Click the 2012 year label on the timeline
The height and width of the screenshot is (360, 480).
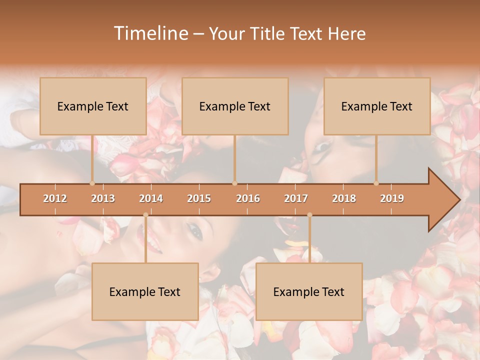tap(55, 198)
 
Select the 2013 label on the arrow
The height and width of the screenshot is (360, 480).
tap(103, 198)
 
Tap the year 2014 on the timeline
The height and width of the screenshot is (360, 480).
tap(151, 198)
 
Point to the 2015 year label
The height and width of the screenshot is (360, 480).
tap(199, 198)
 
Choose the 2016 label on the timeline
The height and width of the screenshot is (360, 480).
tap(248, 198)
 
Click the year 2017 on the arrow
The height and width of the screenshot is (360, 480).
tap(296, 198)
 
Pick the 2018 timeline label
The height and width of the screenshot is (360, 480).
tap(344, 198)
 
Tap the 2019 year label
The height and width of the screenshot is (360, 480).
tap(392, 198)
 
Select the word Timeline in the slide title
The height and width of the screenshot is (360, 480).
tap(150, 33)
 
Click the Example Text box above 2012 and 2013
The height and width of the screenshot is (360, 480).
tap(93, 106)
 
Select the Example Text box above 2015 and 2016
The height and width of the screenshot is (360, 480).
tap(235, 106)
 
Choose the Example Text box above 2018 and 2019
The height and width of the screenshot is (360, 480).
tap(377, 106)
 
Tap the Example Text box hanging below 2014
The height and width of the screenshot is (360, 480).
tap(145, 291)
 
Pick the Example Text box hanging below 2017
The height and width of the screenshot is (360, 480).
tap(309, 291)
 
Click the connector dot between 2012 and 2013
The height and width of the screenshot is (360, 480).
tap(92, 183)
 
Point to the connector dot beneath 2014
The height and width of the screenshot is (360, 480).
tap(145, 215)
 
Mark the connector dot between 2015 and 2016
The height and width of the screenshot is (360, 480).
tap(234, 183)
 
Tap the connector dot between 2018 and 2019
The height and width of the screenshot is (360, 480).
tap(376, 183)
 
